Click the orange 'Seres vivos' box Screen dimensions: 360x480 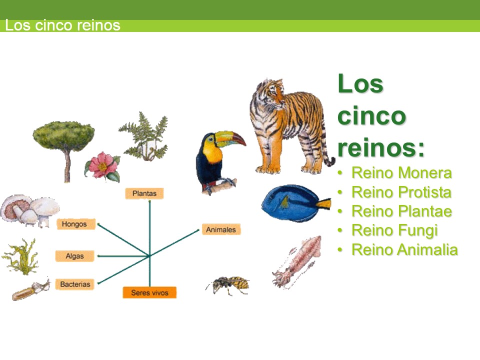coord(149,292)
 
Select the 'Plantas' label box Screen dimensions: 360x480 coord(144,193)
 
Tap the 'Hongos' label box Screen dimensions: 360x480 coord(74,224)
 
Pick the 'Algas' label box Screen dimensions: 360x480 coord(74,256)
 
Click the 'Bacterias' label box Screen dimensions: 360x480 coord(75,284)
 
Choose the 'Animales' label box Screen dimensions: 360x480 coord(221,229)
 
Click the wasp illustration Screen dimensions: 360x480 coord(229,285)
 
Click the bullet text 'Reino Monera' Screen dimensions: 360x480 coord(401,173)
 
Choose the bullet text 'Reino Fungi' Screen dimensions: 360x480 coord(394,230)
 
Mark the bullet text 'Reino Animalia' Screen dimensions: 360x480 coord(404,249)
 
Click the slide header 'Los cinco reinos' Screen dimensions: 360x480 coord(63,25)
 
